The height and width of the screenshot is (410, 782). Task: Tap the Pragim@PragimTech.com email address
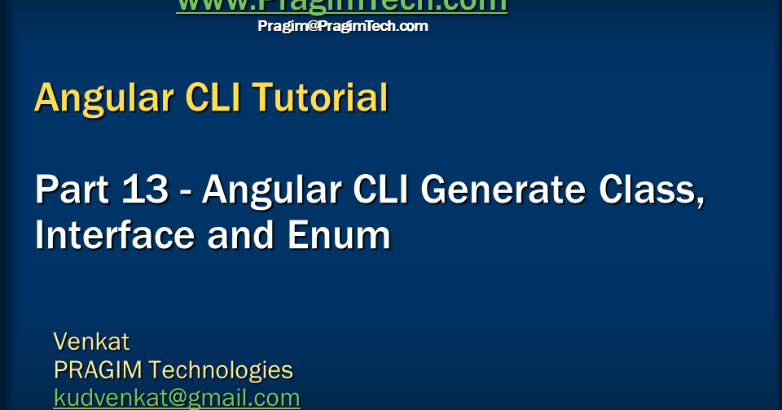pos(342,26)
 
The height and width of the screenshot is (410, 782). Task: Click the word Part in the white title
pos(68,190)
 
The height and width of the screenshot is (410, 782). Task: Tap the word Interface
pos(115,235)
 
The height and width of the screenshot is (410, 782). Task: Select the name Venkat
pos(91,341)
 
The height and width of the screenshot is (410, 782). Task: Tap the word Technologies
pos(221,370)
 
